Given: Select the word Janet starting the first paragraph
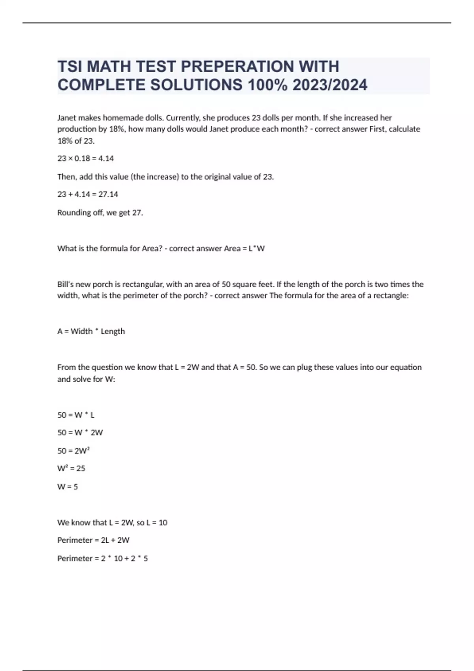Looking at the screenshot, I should [67, 118].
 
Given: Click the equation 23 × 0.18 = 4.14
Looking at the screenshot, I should [86, 159].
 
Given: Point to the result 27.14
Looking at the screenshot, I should [108, 194].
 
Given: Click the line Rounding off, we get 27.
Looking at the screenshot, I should [100, 213].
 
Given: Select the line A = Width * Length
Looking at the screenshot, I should [91, 332].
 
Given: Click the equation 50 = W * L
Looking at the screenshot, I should [76, 415].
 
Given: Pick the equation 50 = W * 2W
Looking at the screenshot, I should [80, 433].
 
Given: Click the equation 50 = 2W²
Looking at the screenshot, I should [74, 451].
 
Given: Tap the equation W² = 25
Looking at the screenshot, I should [71, 469].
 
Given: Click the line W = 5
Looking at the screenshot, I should [68, 487].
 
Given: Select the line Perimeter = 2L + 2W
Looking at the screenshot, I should [93, 540].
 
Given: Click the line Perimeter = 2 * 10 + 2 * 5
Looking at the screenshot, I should [103, 559].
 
